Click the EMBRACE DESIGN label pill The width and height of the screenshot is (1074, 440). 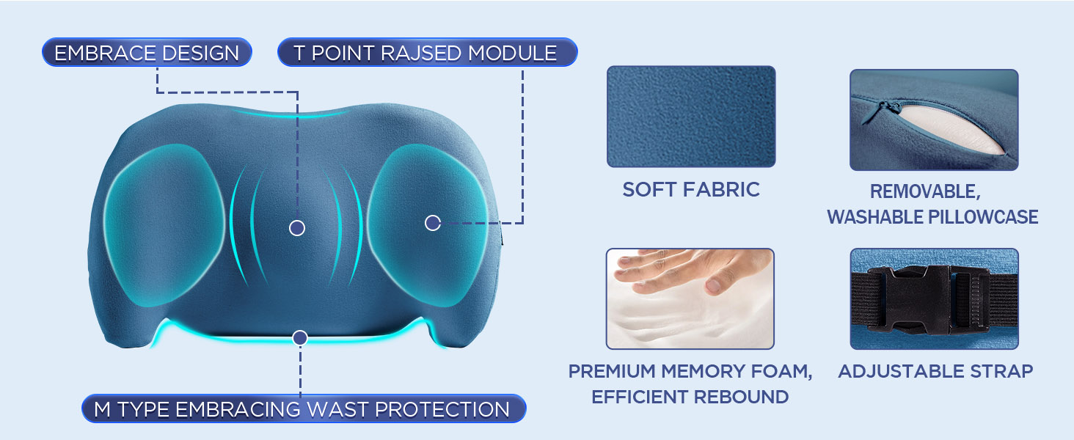[x=147, y=54]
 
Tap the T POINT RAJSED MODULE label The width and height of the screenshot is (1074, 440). [x=426, y=54]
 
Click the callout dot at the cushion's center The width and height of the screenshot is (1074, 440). [x=297, y=228]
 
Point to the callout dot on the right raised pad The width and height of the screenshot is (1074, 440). [x=433, y=222]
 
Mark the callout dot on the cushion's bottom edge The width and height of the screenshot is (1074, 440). [x=299, y=338]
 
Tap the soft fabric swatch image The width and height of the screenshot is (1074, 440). [x=690, y=117]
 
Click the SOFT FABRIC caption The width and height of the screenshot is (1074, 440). [x=690, y=190]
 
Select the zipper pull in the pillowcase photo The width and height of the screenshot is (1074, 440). [x=891, y=108]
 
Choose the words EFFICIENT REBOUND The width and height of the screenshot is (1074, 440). [x=690, y=397]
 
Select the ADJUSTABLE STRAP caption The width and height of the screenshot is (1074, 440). [x=935, y=371]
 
